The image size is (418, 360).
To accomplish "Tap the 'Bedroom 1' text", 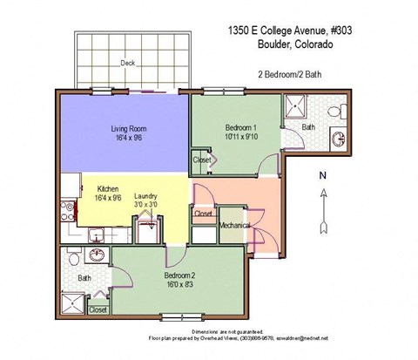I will (234, 126).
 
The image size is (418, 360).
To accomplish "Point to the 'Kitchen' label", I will (108, 188).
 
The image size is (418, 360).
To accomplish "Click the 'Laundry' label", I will (146, 196).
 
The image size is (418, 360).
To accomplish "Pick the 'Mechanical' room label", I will (235, 225).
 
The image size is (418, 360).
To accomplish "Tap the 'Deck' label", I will (128, 63).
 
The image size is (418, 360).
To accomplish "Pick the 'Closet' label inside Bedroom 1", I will (202, 160).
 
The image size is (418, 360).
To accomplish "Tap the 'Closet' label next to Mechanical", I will (203, 214).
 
